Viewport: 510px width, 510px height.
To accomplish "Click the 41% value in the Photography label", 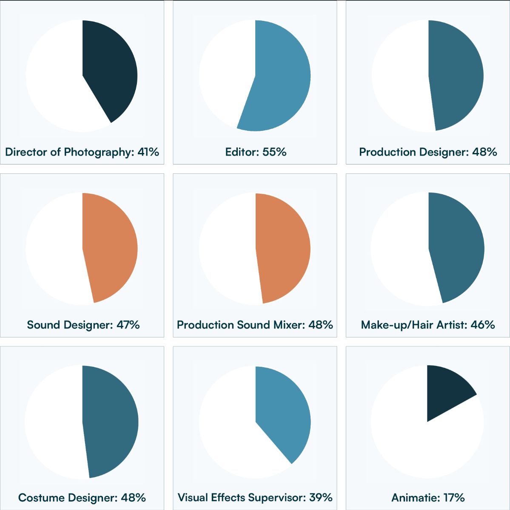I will [x=148, y=152].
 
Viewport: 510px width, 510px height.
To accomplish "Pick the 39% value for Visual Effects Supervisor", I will [x=321, y=498].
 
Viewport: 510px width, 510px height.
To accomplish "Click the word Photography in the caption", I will [x=99, y=152].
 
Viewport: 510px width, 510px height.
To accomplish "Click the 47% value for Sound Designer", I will [x=128, y=325].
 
